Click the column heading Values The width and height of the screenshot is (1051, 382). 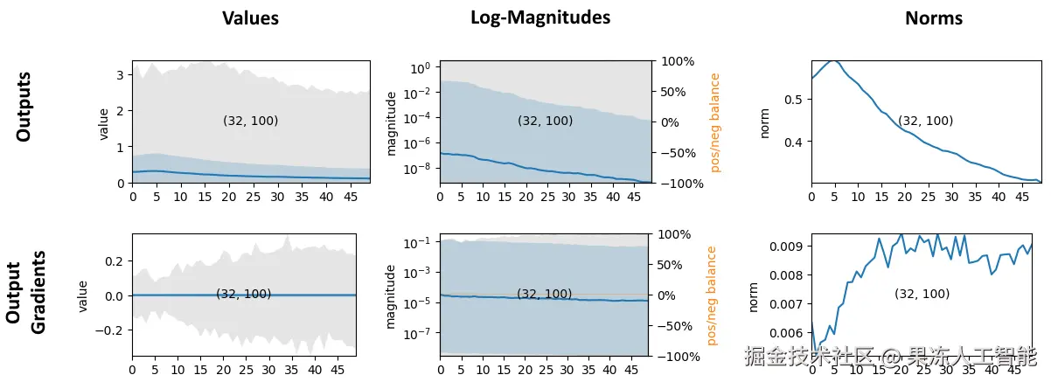tap(250, 18)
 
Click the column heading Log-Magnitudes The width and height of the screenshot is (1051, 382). tap(540, 17)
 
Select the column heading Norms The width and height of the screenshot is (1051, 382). tap(934, 18)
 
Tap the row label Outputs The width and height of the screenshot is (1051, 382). tap(24, 107)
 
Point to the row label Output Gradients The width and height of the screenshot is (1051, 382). tap(26, 292)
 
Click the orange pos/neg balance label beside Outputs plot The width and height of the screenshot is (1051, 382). tap(715, 122)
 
